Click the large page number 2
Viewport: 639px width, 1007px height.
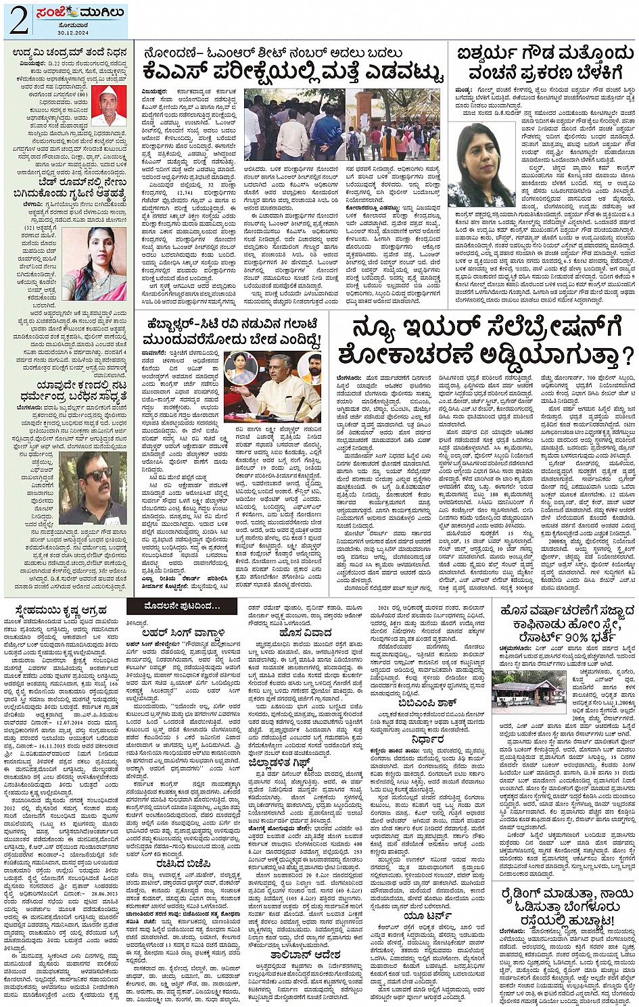point(18,21)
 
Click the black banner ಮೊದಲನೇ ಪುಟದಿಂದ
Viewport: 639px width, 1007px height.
point(184,607)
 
